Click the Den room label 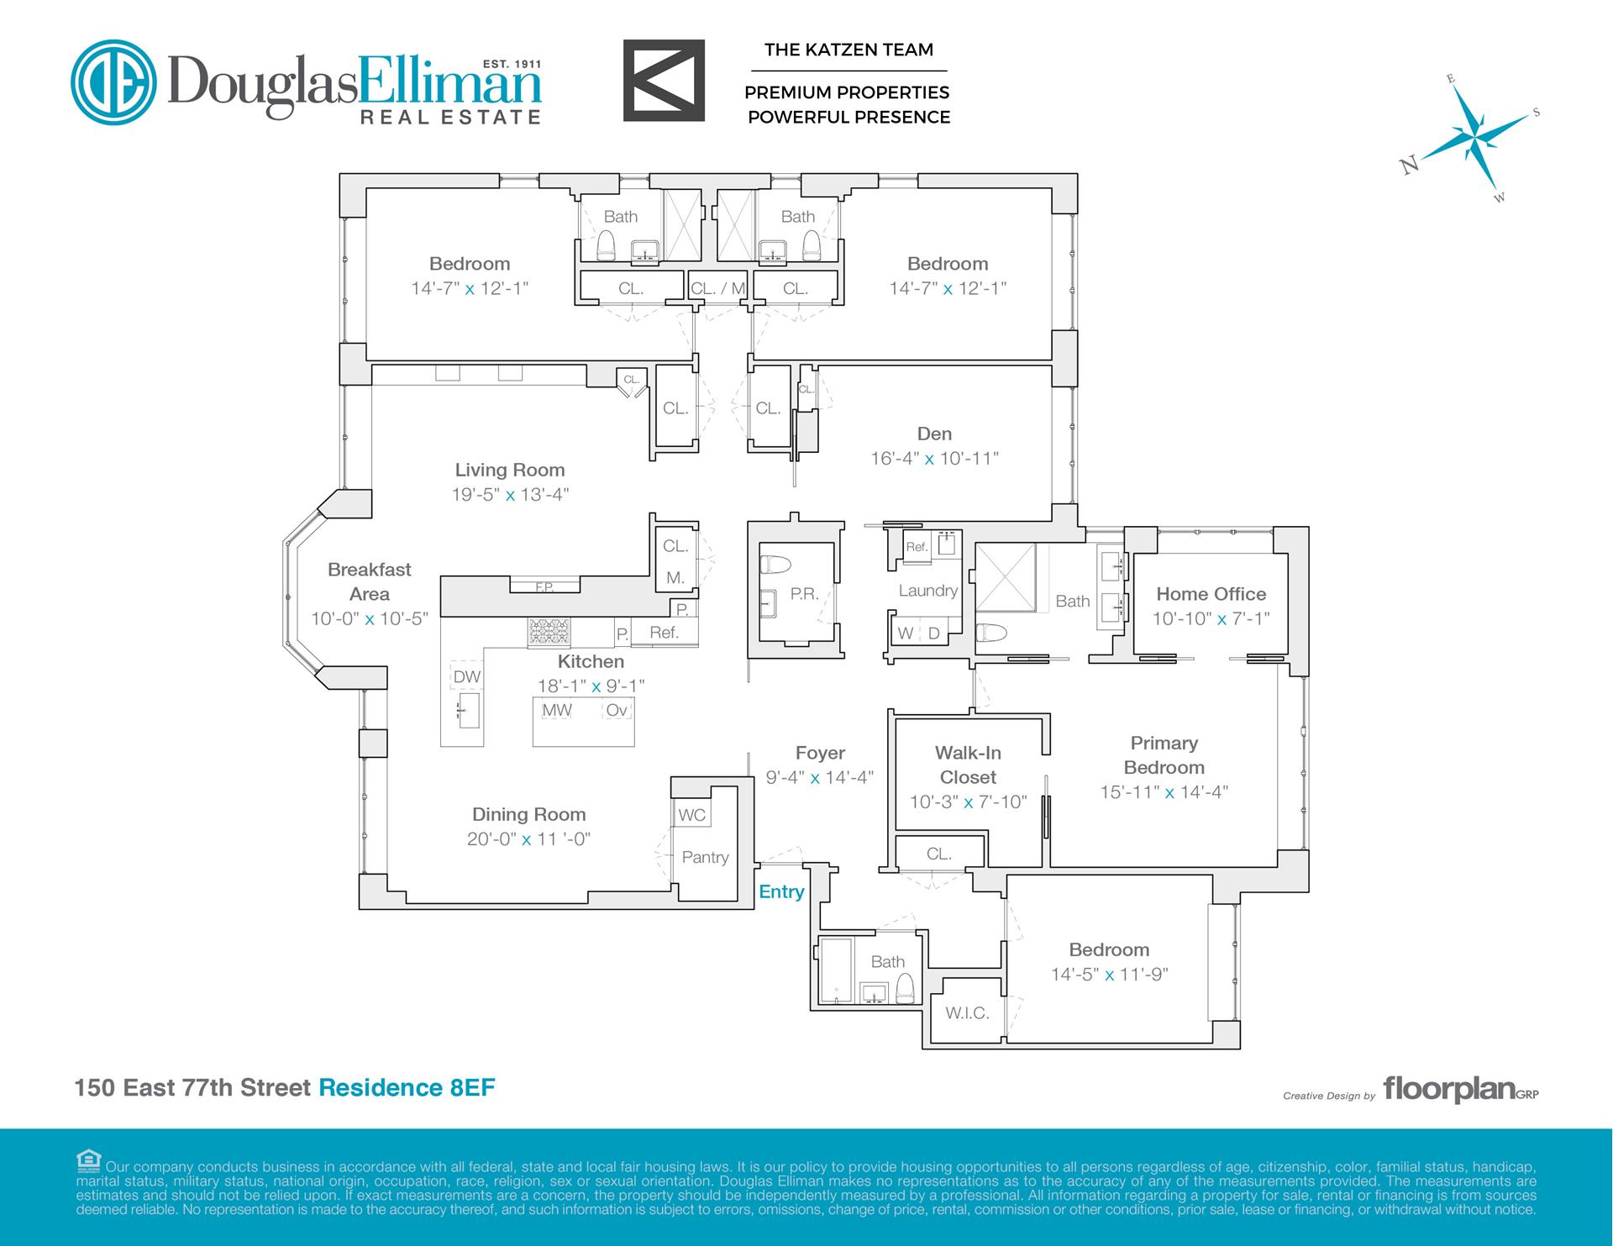click(x=934, y=434)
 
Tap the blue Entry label click(x=781, y=891)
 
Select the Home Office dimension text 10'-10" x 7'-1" click(x=1211, y=618)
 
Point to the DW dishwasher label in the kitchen click(x=466, y=677)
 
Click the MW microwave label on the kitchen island click(x=556, y=710)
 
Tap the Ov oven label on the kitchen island click(x=616, y=710)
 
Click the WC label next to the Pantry click(x=691, y=815)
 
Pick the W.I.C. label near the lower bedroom click(x=967, y=1013)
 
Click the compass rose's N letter click(x=1409, y=166)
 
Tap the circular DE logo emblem click(x=113, y=81)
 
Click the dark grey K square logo click(x=663, y=80)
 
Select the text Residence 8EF click(x=407, y=1088)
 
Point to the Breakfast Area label click(x=370, y=581)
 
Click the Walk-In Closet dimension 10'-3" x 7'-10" click(x=968, y=802)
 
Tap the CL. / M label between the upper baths click(x=717, y=288)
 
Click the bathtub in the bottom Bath click(x=835, y=970)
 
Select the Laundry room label click(x=927, y=591)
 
